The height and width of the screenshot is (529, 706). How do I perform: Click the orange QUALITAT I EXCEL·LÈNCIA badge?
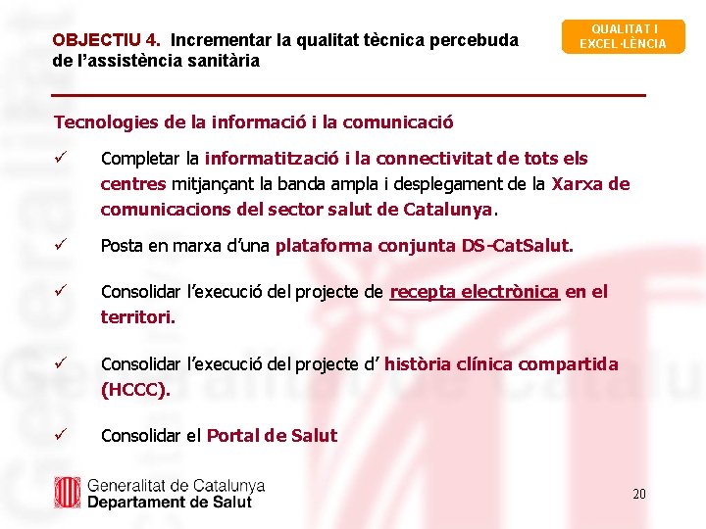[623, 36]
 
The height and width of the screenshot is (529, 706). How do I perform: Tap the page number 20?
[638, 494]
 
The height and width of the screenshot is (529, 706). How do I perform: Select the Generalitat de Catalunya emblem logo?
[67, 493]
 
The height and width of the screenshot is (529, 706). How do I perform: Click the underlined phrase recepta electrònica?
[475, 292]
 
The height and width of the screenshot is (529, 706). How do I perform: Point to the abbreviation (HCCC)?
[135, 389]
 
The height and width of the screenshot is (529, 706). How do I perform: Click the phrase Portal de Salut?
[272, 436]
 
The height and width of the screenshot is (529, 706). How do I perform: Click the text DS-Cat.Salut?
[517, 246]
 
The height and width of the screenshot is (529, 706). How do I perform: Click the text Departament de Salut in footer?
[170, 502]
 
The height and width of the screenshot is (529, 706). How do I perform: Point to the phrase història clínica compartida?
[501, 364]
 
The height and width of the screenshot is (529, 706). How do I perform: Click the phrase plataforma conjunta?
[366, 246]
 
